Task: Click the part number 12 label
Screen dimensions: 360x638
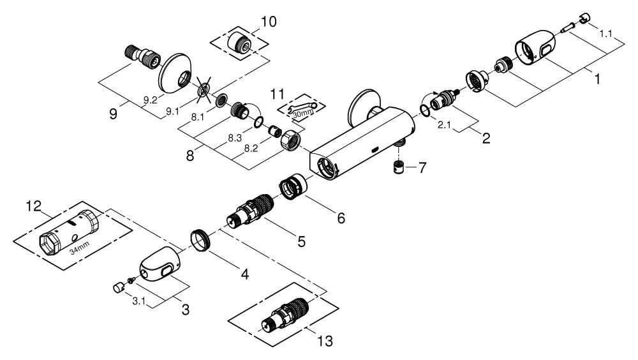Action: [33, 206]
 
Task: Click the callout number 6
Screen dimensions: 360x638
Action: [341, 218]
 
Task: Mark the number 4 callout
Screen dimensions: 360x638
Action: [244, 274]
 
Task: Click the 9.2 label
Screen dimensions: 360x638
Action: [151, 101]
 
